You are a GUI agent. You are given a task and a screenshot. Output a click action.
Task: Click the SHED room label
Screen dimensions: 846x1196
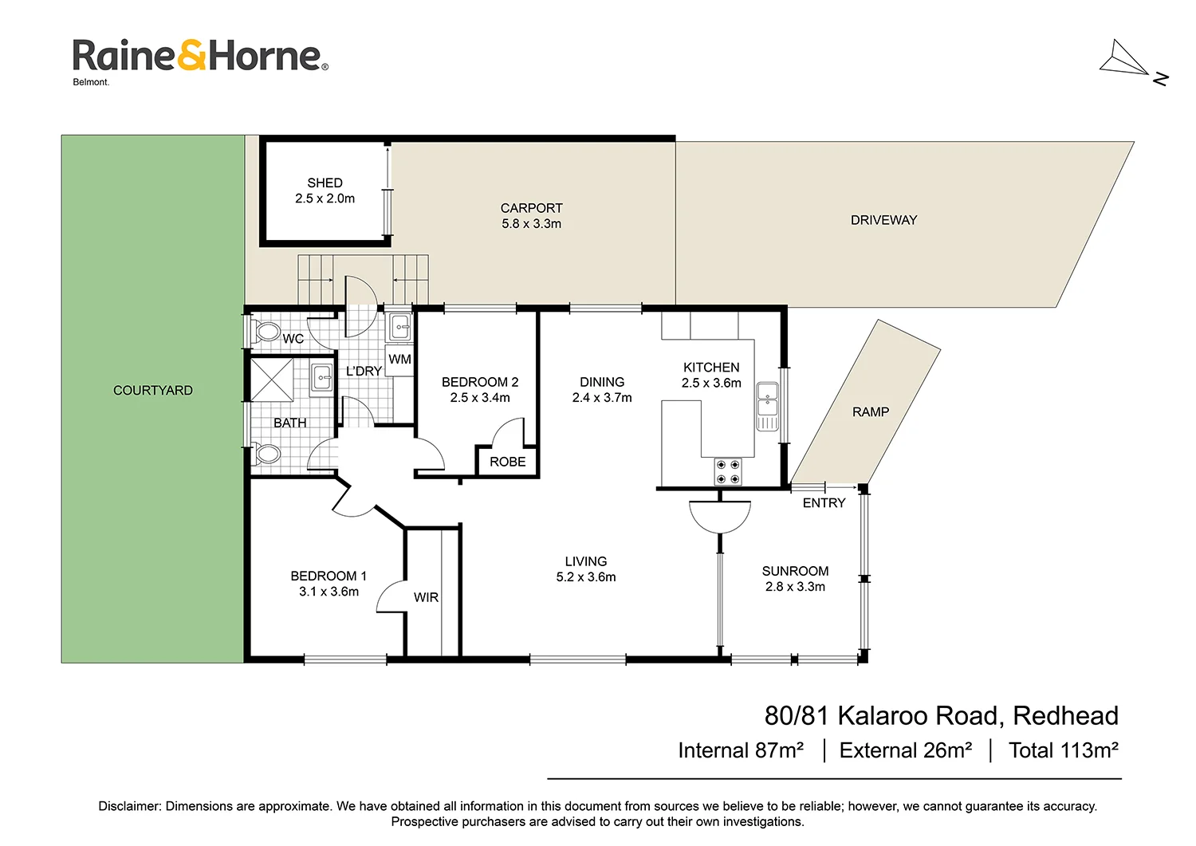325,183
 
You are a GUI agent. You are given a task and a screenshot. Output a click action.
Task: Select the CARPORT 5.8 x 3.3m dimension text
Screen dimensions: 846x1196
531,224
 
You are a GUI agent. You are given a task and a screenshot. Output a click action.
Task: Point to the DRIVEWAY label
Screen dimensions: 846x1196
883,220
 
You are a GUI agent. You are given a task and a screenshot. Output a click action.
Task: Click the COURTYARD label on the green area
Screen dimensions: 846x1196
153,391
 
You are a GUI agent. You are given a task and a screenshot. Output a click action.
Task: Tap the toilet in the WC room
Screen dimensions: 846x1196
266,331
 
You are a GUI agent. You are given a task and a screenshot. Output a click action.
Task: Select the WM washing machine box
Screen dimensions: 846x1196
399,360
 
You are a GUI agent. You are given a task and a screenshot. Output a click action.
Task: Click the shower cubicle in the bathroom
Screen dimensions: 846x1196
272,380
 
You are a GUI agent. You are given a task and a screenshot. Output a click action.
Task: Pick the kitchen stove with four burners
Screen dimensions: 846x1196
727,471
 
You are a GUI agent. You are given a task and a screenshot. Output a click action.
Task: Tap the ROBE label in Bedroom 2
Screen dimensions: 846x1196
507,462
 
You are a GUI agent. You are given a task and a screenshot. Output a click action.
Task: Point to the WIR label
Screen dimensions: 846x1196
426,598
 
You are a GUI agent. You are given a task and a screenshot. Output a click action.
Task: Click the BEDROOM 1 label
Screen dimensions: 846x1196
329,576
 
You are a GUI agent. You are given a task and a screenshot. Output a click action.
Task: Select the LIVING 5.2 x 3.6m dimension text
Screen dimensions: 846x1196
586,577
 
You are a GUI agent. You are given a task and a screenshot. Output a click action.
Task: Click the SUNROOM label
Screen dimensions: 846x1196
795,571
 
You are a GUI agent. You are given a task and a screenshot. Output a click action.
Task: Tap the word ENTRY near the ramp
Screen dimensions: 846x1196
824,503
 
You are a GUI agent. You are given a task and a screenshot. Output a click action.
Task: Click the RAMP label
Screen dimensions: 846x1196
870,412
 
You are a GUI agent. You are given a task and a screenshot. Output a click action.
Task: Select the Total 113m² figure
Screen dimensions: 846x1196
1063,750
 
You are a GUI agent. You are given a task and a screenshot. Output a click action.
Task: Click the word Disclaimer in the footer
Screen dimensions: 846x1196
128,806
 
